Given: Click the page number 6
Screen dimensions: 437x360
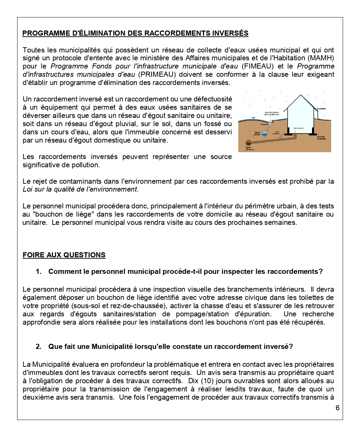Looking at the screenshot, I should click(x=337, y=408).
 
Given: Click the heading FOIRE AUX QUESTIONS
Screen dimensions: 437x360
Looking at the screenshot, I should click(x=64, y=255).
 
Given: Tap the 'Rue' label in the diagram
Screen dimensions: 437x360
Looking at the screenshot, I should click(x=253, y=118).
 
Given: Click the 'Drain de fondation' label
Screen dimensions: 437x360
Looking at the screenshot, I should click(x=322, y=137).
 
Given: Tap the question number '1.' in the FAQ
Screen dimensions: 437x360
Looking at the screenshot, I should click(x=38, y=272).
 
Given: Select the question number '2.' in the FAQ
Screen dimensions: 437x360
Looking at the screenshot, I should click(x=38, y=347).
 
